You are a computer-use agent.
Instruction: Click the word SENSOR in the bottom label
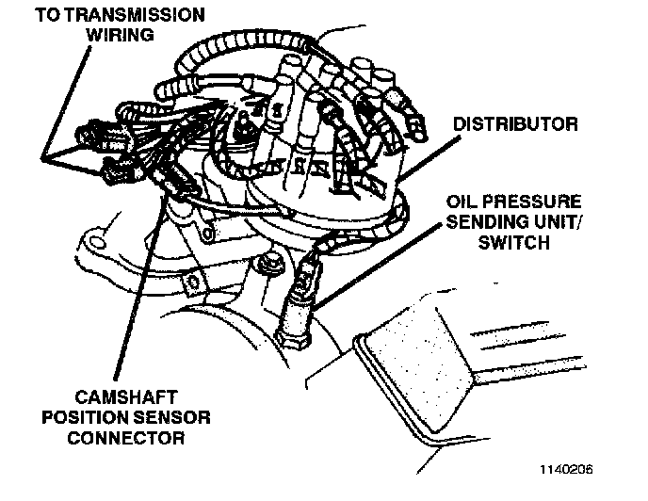(x=177, y=418)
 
